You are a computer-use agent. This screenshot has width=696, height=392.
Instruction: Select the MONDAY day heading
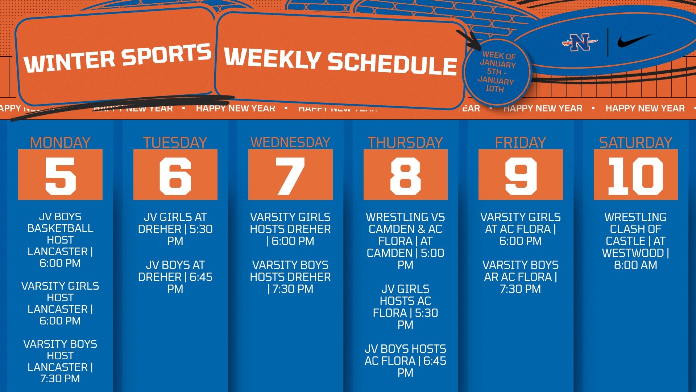pyautogui.click(x=60, y=142)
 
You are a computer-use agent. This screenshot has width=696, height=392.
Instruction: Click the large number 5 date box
pyautogui.click(x=60, y=175)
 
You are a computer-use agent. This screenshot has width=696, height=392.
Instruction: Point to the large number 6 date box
pyautogui.click(x=175, y=175)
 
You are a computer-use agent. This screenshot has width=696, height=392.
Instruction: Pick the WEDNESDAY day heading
pyautogui.click(x=290, y=142)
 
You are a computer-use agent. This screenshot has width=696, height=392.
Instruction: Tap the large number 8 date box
pyautogui.click(x=405, y=175)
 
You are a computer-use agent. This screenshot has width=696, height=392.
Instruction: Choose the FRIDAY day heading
pyautogui.click(x=521, y=142)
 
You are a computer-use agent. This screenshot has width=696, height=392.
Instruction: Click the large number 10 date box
pyautogui.click(x=635, y=175)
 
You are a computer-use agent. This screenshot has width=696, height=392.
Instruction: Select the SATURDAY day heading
pyautogui.click(x=635, y=142)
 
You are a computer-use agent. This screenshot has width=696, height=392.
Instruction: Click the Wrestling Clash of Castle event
pyautogui.click(x=635, y=241)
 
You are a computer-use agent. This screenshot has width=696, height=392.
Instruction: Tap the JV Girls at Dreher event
pyautogui.click(x=175, y=229)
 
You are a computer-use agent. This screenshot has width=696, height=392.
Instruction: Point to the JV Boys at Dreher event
pyautogui.click(x=175, y=277)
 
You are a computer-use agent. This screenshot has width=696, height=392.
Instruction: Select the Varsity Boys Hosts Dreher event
pyautogui.click(x=290, y=277)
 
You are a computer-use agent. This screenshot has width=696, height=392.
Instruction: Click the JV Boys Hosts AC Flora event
pyautogui.click(x=405, y=361)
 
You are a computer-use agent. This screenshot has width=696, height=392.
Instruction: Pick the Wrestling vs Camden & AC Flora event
pyautogui.click(x=405, y=241)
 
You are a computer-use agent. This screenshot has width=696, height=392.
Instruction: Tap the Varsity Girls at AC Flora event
pyautogui.click(x=521, y=229)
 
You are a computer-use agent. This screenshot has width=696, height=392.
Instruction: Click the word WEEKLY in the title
pyautogui.click(x=272, y=58)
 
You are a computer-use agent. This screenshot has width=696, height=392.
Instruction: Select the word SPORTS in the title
pyautogui.click(x=166, y=55)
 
